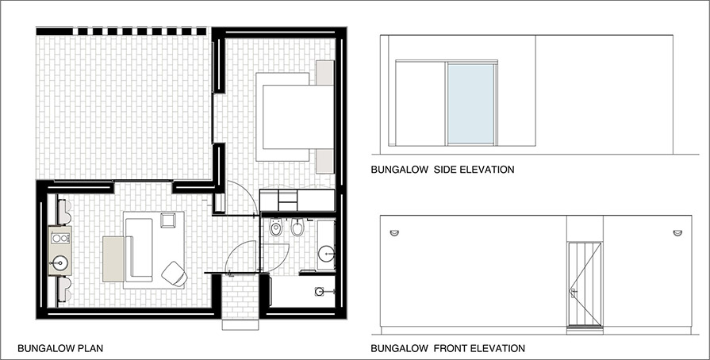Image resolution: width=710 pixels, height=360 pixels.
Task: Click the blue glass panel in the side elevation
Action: coord(470,104)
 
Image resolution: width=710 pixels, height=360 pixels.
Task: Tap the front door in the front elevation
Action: coord(585,284)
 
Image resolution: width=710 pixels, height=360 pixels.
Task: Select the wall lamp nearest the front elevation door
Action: coord(677,233)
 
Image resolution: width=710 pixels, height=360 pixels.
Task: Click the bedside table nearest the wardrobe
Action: coord(324,161)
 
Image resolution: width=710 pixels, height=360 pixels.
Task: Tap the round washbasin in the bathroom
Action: coord(326,254)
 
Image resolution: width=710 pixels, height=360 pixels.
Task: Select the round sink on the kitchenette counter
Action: coord(59,262)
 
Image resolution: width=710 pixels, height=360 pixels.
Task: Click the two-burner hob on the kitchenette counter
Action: coord(59,238)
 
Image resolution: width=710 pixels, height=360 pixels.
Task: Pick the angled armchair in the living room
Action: coord(175,274)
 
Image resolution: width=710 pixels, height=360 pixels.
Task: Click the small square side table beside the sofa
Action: coord(169,220)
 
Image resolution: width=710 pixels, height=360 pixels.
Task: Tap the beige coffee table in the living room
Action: coord(113,259)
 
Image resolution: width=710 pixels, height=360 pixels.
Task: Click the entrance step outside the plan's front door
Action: coord(240,324)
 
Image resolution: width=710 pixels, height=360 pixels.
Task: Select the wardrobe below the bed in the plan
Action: coord(297,200)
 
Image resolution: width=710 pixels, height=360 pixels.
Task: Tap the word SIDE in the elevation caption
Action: coord(446,170)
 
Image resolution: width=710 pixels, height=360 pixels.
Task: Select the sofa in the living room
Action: coord(139,249)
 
